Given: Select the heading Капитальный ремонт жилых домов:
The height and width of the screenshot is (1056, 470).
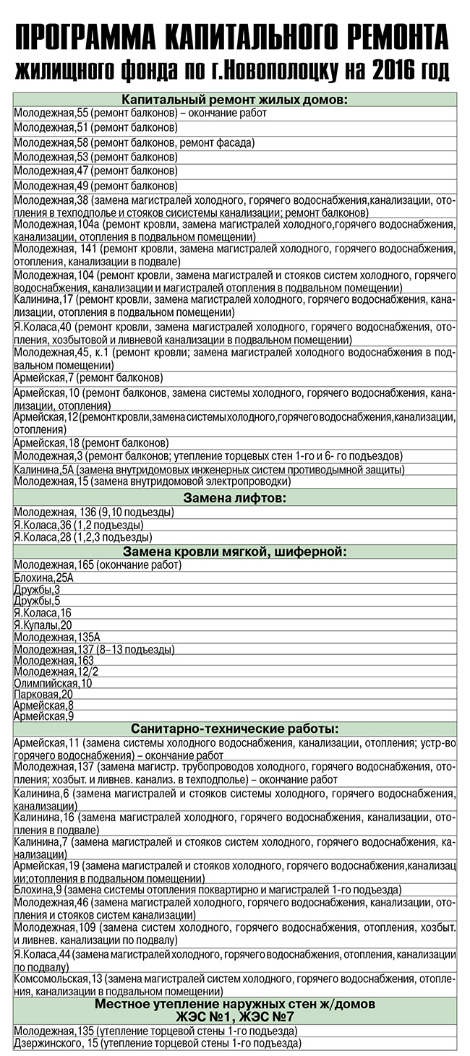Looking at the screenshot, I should tap(234, 99).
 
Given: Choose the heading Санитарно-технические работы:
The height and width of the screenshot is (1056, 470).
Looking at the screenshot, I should tap(234, 729).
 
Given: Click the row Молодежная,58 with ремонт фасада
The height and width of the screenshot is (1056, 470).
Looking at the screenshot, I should tap(134, 143).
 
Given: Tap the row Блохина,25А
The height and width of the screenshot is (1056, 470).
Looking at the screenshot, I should tap(43, 578).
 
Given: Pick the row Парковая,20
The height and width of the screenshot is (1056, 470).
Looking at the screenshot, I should tap(43, 694).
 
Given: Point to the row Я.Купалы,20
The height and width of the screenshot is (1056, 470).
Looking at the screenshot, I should tap(43, 624).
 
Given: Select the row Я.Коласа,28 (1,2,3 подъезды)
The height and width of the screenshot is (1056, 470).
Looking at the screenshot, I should tap(82, 537).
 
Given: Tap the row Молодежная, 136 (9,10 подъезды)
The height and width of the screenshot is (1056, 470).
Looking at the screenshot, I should tap(93, 512).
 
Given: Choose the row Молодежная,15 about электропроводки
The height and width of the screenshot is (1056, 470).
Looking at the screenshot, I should tap(152, 481).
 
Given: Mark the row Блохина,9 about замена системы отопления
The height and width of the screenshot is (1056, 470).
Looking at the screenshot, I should tap(207, 890).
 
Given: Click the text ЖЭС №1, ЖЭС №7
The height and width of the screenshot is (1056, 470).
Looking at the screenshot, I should tap(234, 1017).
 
